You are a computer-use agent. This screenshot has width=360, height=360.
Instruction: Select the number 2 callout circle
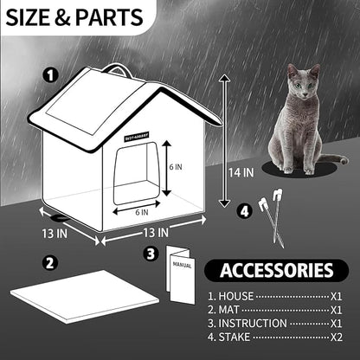click(50, 262)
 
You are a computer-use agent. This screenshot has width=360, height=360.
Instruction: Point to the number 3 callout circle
click(151, 254)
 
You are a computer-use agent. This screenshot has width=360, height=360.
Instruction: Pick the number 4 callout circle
click(244, 209)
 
